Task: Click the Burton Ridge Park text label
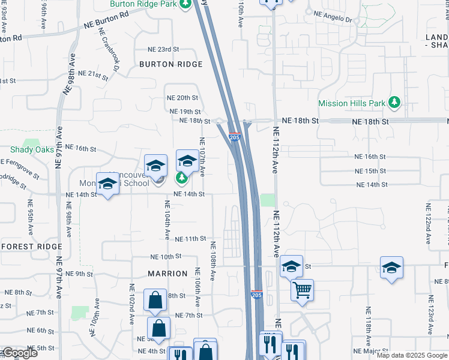click(x=143, y=4)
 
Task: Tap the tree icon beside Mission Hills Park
click(x=394, y=103)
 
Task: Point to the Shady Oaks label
click(x=32, y=149)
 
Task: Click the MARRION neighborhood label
click(x=168, y=274)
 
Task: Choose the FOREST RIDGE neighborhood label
click(x=32, y=247)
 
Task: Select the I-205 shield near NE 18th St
click(x=235, y=137)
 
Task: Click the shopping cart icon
click(x=302, y=290)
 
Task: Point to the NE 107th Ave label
click(x=202, y=157)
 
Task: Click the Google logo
click(x=20, y=353)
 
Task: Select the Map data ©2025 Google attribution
click(x=412, y=355)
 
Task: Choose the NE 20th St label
click(x=182, y=98)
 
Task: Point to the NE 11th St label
click(x=190, y=239)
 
